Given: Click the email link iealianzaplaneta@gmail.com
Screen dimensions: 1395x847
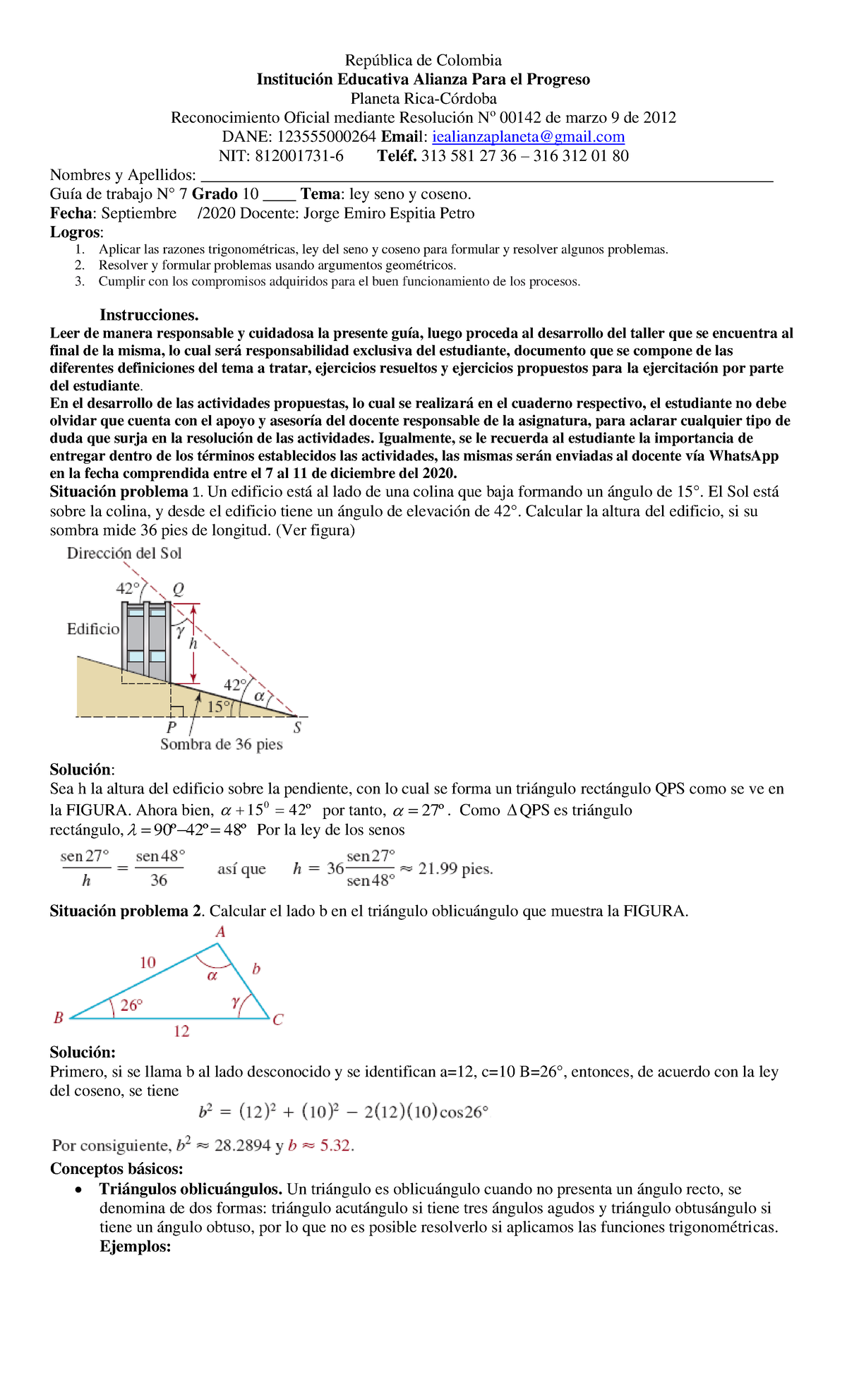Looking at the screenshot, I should point(528,137).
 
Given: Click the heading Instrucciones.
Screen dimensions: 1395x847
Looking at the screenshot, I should point(149,315).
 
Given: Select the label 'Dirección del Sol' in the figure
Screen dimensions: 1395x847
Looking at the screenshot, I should point(124,553).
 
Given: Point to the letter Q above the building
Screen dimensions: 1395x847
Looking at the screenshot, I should point(178,589).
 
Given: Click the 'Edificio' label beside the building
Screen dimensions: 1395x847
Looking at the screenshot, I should point(93,629).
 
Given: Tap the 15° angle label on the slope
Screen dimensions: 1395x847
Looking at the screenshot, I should point(218,707).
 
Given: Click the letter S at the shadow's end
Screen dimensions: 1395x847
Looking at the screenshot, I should point(297,728).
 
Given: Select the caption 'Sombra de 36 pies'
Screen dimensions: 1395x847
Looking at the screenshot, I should point(221,744).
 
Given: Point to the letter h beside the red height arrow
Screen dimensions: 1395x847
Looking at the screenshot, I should point(193,644).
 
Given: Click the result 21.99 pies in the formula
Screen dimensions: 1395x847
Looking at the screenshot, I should point(455,869).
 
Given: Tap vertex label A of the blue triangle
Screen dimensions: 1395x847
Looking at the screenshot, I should point(220,933).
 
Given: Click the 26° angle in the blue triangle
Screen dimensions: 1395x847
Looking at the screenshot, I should point(131,1005).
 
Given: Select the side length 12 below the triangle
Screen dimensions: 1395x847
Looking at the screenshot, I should point(181,1031).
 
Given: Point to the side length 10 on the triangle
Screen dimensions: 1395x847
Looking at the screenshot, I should point(148,963).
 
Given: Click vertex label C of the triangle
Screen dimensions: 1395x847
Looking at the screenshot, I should point(277,1020).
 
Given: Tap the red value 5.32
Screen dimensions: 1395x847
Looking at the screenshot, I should point(336,1146).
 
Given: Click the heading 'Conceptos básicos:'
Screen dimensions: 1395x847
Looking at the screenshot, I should point(116,1169).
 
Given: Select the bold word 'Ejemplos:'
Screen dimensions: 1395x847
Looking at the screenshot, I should point(136,1247).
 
